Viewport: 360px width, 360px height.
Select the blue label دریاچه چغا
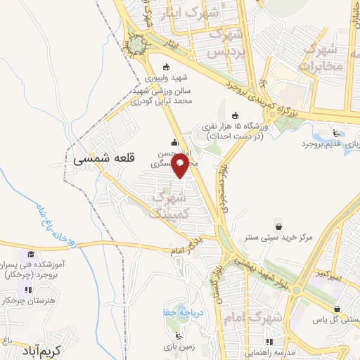coord(175,311)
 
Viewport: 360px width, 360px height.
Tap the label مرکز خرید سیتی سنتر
coord(280,239)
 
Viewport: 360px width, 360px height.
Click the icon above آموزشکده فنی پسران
coord(30,254)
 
